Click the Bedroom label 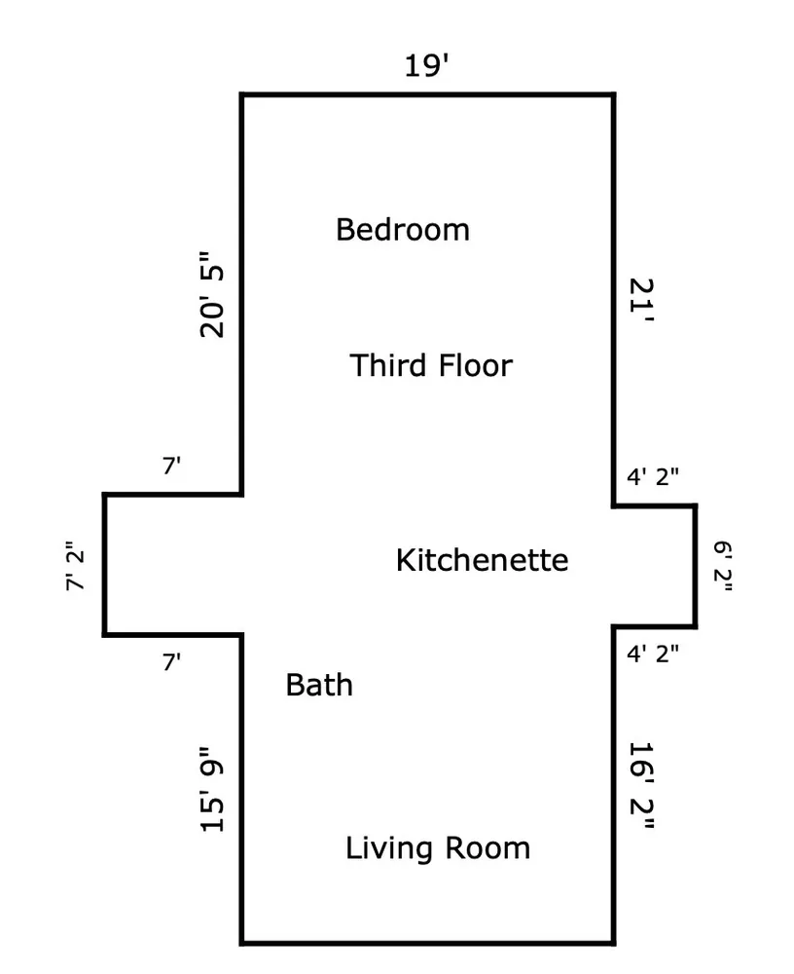pos(402,229)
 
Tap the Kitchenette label pos(482,560)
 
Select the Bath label pos(319,685)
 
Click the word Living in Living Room pos(388,849)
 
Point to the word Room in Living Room pos(487,848)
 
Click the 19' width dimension pos(426,65)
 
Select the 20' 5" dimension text pos(212,294)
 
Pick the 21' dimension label pos(642,300)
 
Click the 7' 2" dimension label pos(75,566)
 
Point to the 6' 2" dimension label pos(723,566)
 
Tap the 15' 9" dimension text pos(212,789)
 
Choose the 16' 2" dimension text pos(642,786)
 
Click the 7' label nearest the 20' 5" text pos(172,466)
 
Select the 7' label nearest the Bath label pos(172,662)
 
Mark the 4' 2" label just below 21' pos(653,476)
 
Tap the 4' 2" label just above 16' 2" pos(653,654)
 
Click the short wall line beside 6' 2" pos(696,566)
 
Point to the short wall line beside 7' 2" pos(104,565)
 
